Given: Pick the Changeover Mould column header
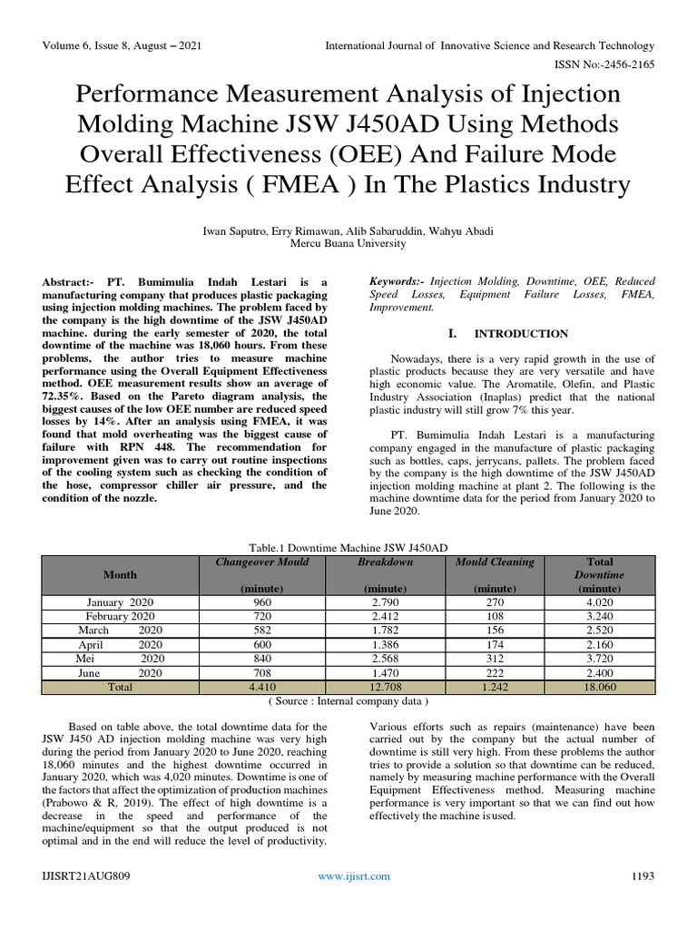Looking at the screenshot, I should [261, 562].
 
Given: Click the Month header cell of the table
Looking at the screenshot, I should [120, 574].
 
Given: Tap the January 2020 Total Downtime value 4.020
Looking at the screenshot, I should [599, 602].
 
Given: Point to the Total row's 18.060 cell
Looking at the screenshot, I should [599, 687].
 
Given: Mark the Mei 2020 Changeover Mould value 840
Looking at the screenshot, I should [261, 659].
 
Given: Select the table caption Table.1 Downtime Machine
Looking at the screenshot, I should [348, 547].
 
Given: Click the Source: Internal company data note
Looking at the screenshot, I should [348, 701].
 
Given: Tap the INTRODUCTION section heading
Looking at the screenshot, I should [521, 334].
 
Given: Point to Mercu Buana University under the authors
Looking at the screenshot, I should [348, 243].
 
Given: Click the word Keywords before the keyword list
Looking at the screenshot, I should [397, 283].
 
